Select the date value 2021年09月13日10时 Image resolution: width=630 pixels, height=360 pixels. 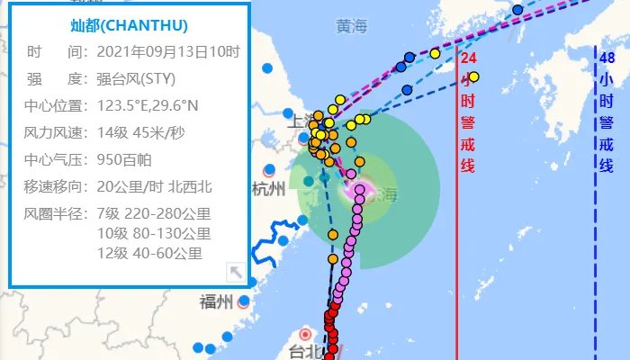pyautogui.click(x=167, y=52)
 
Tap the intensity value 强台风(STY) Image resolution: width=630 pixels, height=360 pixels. pyautogui.click(x=140, y=78)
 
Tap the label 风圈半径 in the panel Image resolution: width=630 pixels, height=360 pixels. pyautogui.click(x=56, y=214)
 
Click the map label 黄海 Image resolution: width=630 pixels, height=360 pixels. pyautogui.click(x=352, y=27)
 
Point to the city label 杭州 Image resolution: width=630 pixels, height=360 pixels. pyautogui.click(x=269, y=188)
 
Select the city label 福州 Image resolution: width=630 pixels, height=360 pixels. pyautogui.click(x=217, y=301)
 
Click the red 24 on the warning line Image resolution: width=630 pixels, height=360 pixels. pyautogui.click(x=468, y=58)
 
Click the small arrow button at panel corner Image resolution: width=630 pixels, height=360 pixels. pyautogui.click(x=235, y=272)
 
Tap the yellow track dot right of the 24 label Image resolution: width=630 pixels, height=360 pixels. pyautogui.click(x=473, y=76)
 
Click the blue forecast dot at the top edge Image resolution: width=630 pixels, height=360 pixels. pyautogui.click(x=517, y=10)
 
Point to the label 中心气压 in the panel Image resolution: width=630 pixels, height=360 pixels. pyautogui.click(x=56, y=160)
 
